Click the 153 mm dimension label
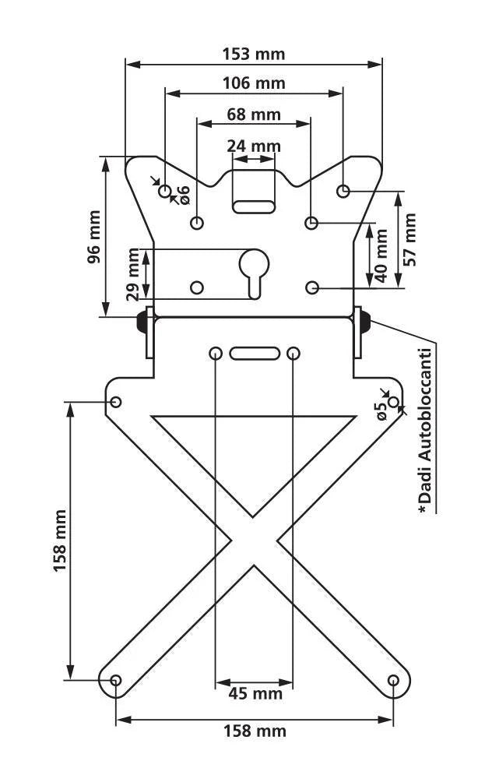(253, 54)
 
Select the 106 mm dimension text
(253, 83)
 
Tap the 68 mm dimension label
(254, 114)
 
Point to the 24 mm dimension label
(254, 146)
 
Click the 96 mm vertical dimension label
(94, 237)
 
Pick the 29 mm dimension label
(133, 275)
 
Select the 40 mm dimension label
(381, 255)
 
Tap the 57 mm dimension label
(409, 240)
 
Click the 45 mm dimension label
(255, 693)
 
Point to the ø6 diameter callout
(183, 195)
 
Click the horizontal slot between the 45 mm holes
(255, 354)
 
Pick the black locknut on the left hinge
(141, 321)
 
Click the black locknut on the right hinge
(366, 321)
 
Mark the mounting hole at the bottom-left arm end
(115, 680)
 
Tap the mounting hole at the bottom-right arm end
(393, 680)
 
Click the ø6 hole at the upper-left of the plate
(165, 191)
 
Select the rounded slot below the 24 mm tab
(254, 206)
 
